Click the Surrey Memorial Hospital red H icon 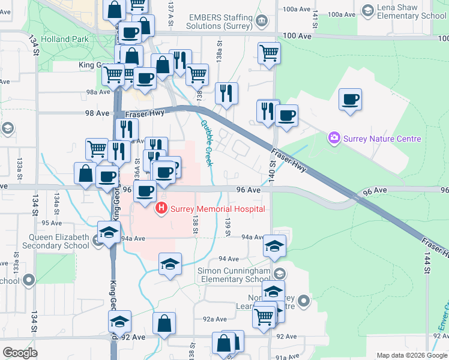(161, 209)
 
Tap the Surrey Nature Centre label (382, 139)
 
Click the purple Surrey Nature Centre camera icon (334, 139)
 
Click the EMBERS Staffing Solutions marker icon (261, 22)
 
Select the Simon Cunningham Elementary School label (234, 275)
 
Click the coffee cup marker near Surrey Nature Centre (350, 100)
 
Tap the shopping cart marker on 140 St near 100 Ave (269, 53)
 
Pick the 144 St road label (427, 262)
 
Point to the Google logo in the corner (20, 353)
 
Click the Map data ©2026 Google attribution (411, 355)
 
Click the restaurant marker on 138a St (226, 94)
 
